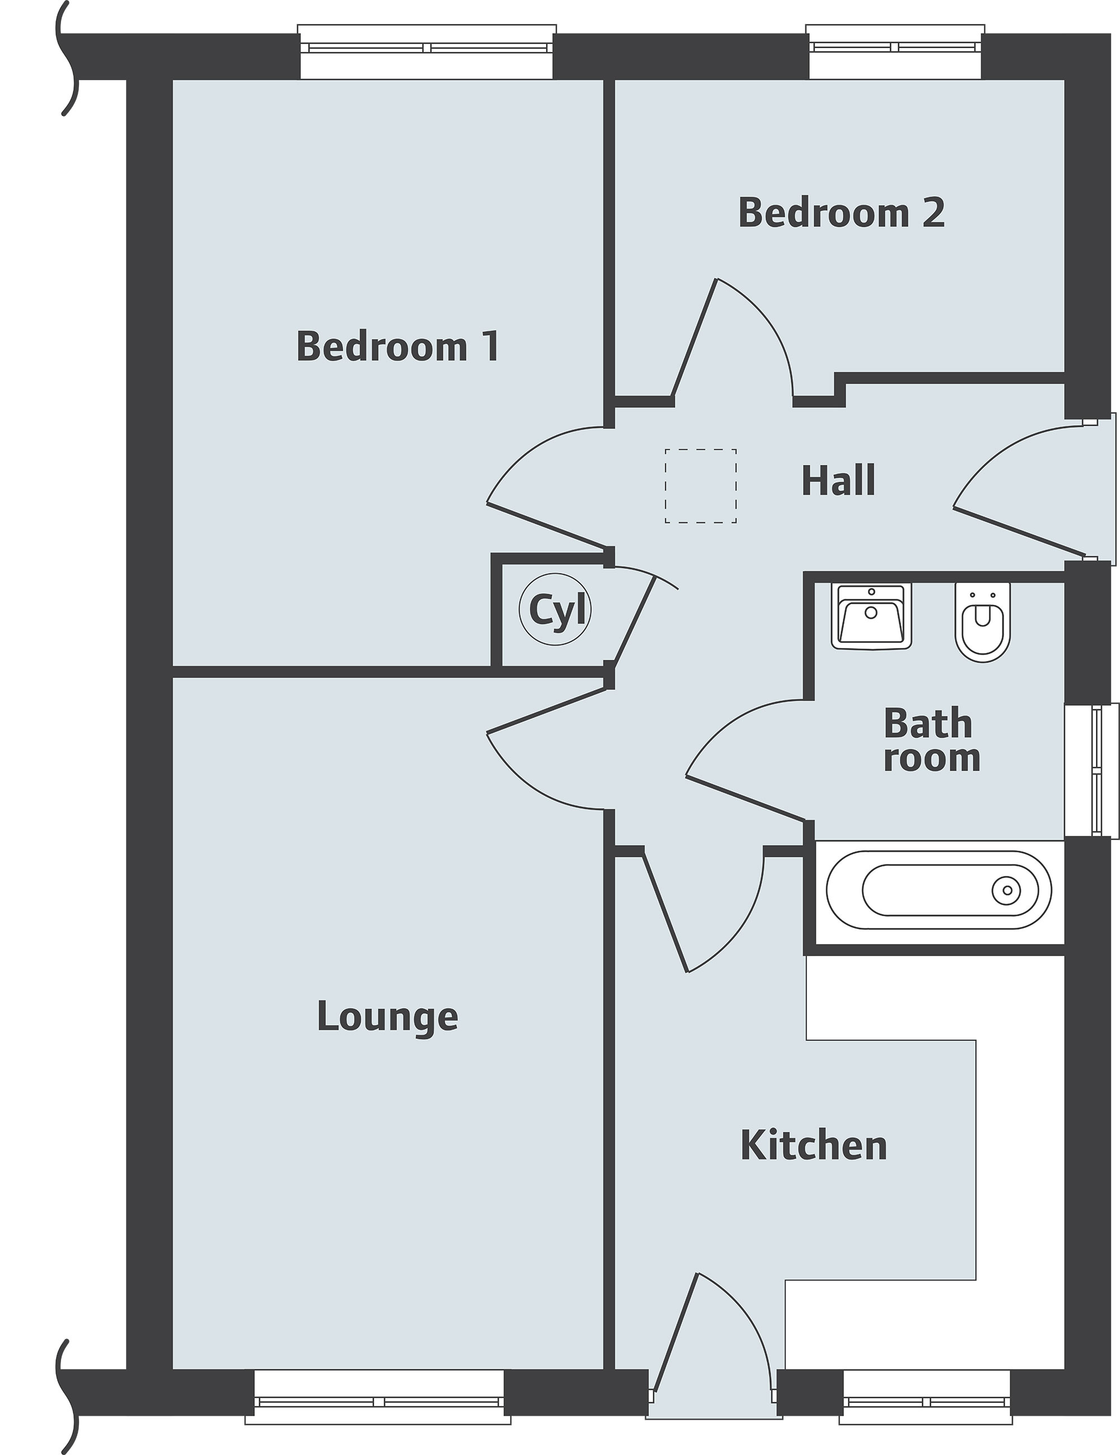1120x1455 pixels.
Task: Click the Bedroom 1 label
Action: [398, 347]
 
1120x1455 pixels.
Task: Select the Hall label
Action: [838, 481]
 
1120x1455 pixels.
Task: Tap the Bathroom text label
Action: [931, 741]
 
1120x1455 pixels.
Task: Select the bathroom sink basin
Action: [871, 616]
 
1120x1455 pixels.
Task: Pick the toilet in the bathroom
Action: [982, 622]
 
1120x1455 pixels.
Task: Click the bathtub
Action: [938, 890]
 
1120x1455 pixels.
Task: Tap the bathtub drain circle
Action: [1007, 890]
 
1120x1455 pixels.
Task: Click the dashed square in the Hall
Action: [700, 486]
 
